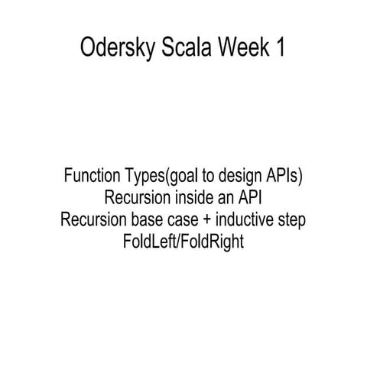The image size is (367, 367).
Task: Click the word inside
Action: (x=196, y=197)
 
